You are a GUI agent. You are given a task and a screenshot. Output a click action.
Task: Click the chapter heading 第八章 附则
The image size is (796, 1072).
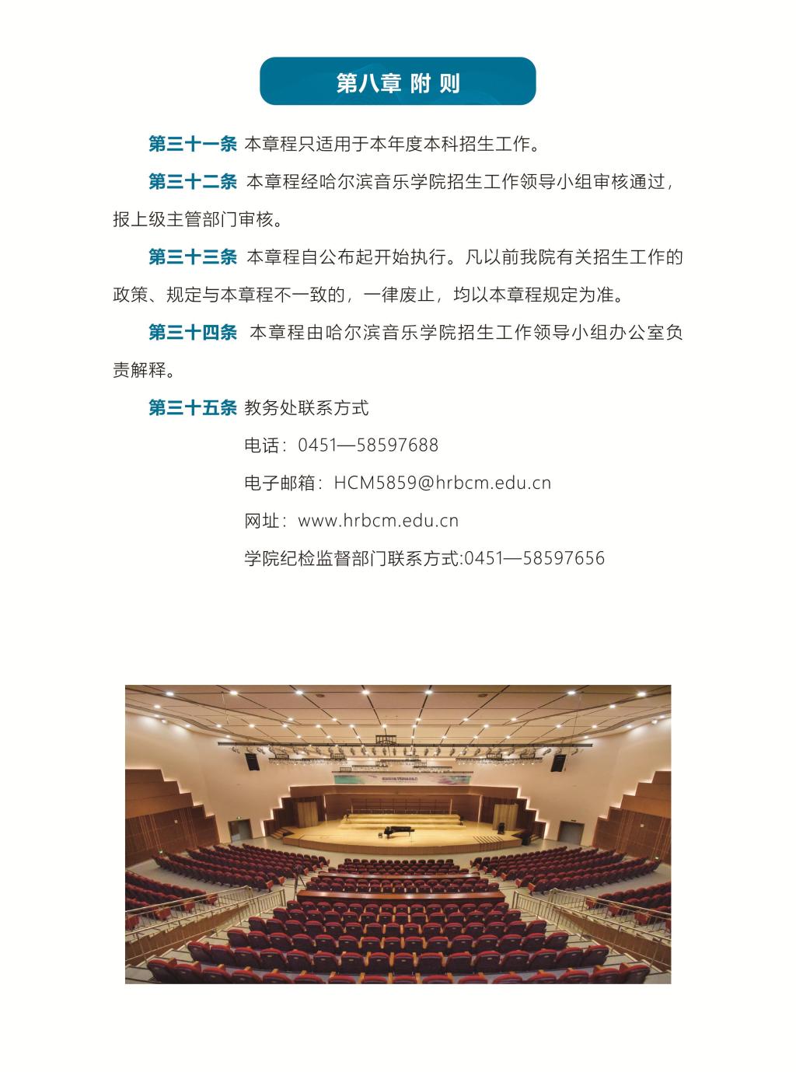coord(397,83)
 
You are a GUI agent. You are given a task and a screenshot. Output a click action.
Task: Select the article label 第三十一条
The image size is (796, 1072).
coord(192,144)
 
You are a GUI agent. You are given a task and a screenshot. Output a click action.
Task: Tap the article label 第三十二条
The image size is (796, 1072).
coord(192,182)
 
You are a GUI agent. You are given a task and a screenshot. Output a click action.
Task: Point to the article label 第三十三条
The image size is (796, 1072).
coord(192,257)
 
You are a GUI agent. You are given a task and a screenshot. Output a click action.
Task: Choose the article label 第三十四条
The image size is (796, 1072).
coord(192,333)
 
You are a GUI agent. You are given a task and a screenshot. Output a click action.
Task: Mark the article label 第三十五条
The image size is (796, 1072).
coord(192,407)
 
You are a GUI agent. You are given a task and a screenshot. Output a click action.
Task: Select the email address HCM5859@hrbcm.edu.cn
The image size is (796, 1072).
coord(442,483)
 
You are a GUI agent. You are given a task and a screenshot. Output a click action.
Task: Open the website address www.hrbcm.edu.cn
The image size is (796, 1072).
coord(378,521)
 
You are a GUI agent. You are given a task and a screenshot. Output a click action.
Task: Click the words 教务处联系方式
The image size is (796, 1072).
coord(306,407)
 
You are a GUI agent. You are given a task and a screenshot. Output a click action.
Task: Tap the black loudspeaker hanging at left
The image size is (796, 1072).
coord(251,761)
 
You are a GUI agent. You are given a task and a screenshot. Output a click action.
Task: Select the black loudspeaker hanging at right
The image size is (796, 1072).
coord(557,762)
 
